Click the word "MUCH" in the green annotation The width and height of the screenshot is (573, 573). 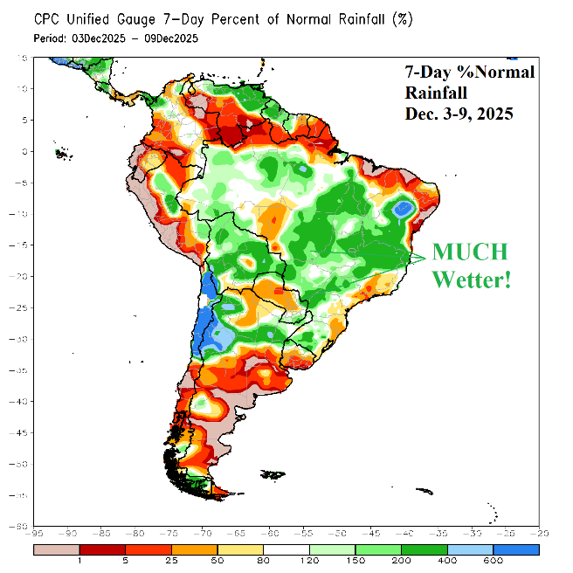(x=471, y=253)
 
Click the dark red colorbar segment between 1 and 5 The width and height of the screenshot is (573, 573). (x=102, y=550)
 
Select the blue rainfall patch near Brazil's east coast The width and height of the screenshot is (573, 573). (x=403, y=209)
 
